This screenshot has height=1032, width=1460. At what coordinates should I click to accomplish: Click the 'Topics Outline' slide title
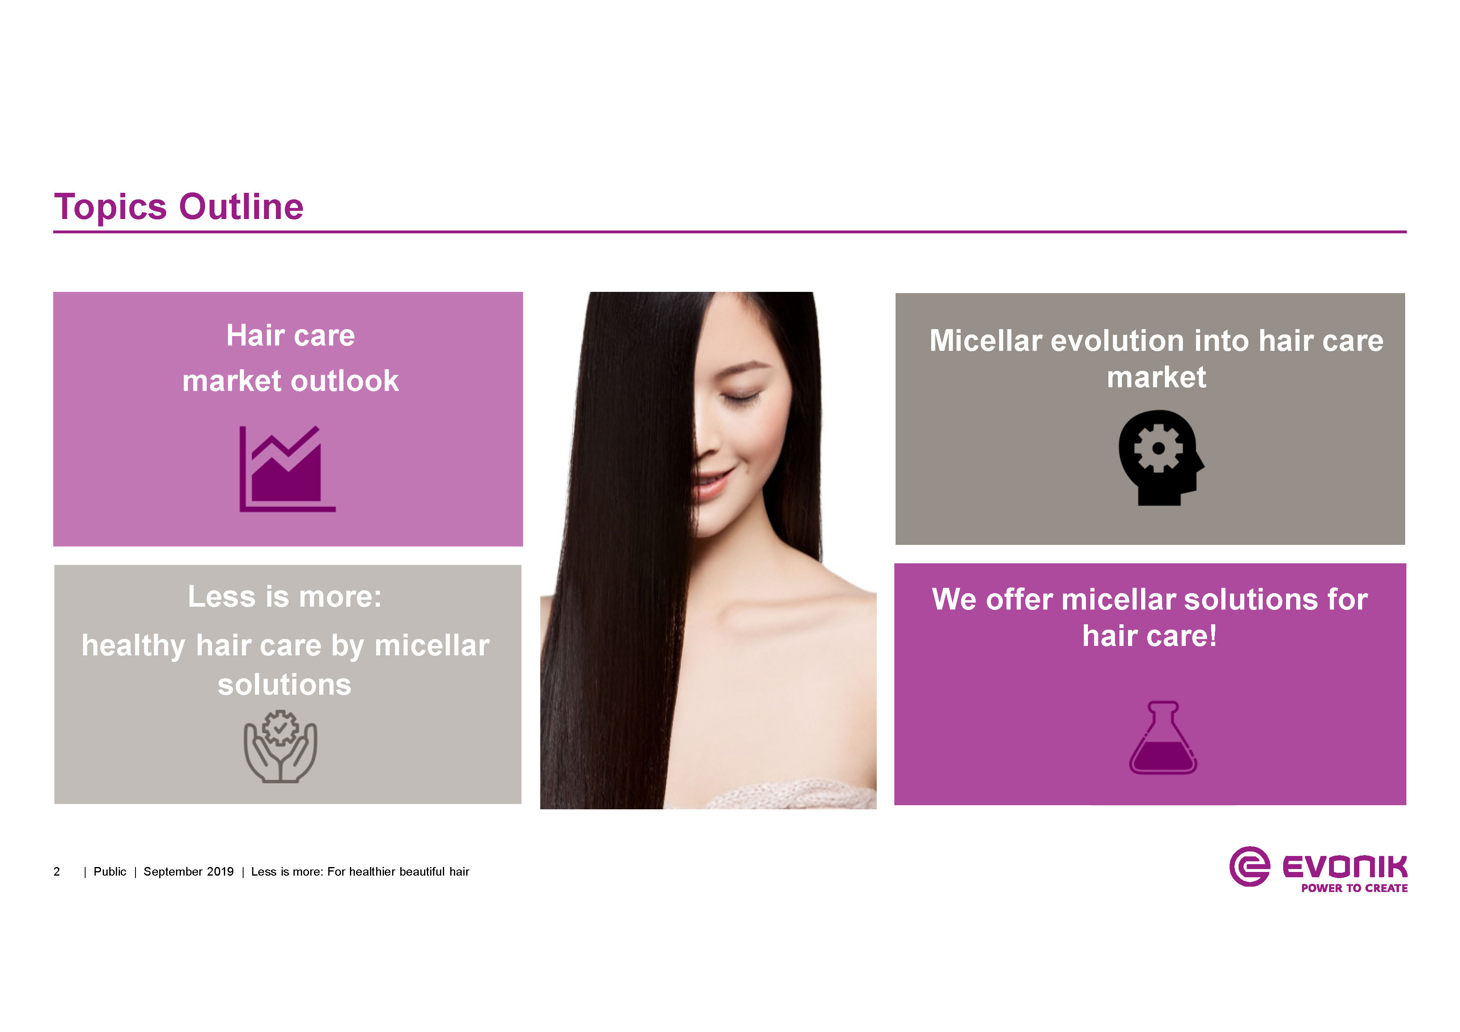(x=179, y=207)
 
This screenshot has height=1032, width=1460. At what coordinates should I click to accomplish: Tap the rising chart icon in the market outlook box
(x=287, y=469)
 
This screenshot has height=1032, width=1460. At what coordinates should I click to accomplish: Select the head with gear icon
(x=1161, y=458)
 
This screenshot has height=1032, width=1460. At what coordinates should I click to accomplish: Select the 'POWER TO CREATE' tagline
(x=1354, y=888)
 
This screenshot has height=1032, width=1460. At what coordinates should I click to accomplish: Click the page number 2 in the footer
(x=56, y=872)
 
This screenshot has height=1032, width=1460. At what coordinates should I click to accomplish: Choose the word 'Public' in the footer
(x=110, y=872)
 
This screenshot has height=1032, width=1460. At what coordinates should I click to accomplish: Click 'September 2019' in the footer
(x=189, y=872)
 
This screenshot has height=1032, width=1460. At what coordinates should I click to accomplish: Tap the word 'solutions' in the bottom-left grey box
(x=284, y=685)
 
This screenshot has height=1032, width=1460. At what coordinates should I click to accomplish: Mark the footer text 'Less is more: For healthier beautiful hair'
(x=360, y=872)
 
